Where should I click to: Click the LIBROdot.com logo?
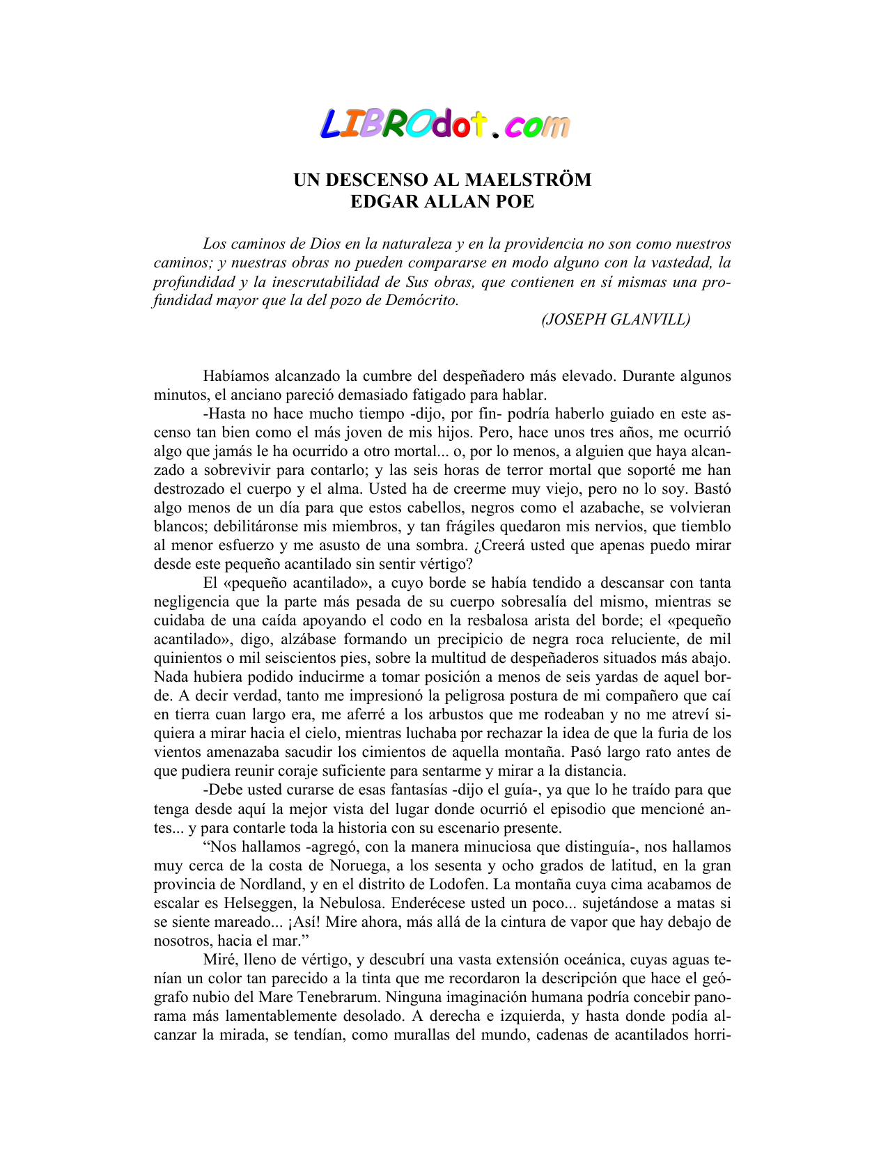[x=444, y=125]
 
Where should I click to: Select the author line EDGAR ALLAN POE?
[x=442, y=202]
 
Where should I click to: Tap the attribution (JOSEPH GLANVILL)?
[x=616, y=319]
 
